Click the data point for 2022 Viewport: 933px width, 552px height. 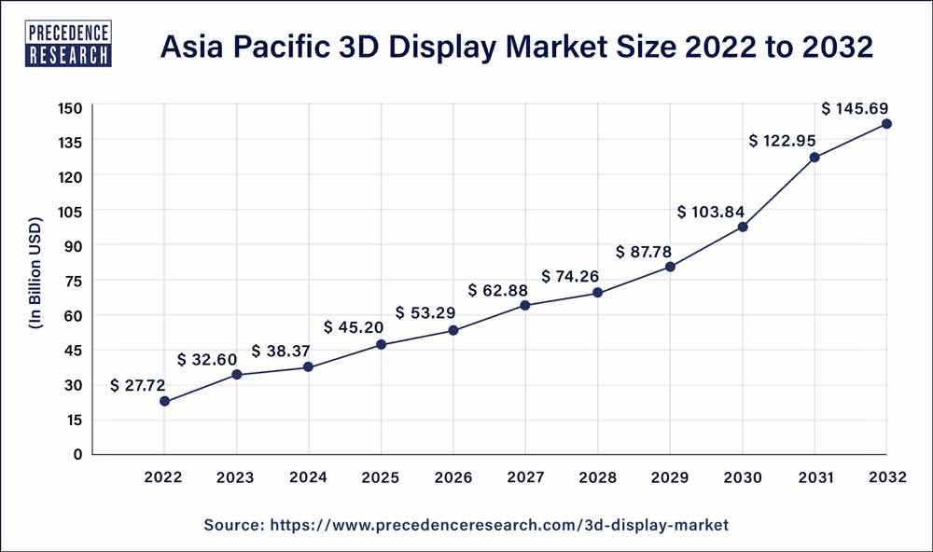[164, 401]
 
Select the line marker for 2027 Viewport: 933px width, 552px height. [525, 305]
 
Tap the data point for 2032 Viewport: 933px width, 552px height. [886, 123]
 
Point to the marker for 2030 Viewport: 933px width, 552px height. [743, 227]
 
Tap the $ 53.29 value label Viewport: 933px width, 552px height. [426, 311]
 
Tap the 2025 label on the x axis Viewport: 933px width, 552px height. [381, 477]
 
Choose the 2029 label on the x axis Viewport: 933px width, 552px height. [670, 477]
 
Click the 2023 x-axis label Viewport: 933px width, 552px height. [236, 477]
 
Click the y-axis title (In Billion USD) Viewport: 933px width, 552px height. [35, 281]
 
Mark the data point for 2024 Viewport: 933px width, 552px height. [309, 367]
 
